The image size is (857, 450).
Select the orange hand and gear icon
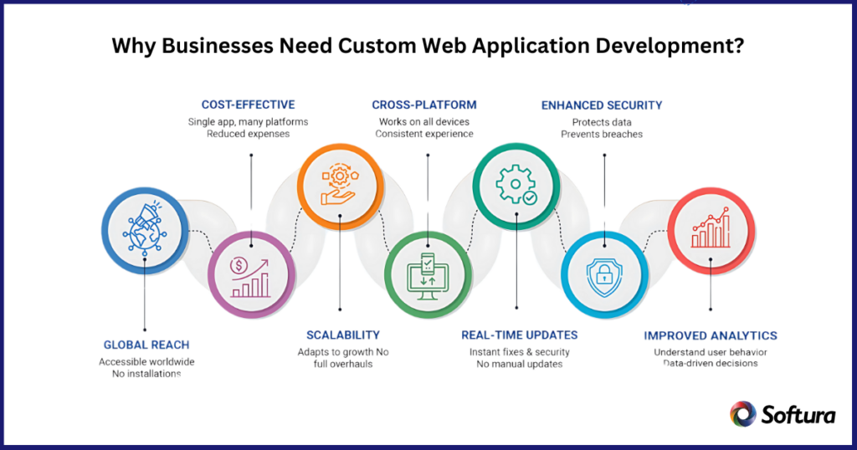[341, 184]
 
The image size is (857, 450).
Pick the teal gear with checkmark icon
[516, 184]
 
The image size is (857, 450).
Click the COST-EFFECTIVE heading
[248, 105]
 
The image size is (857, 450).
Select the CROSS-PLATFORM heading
[424, 105]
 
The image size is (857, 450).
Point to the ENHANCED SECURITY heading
[602, 105]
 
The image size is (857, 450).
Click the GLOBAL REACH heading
[146, 345]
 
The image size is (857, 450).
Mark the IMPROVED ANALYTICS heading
[711, 335]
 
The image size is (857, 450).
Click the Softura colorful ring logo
[743, 413]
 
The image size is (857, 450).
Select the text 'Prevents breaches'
[602, 134]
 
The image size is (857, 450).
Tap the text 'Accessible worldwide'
[146, 361]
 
